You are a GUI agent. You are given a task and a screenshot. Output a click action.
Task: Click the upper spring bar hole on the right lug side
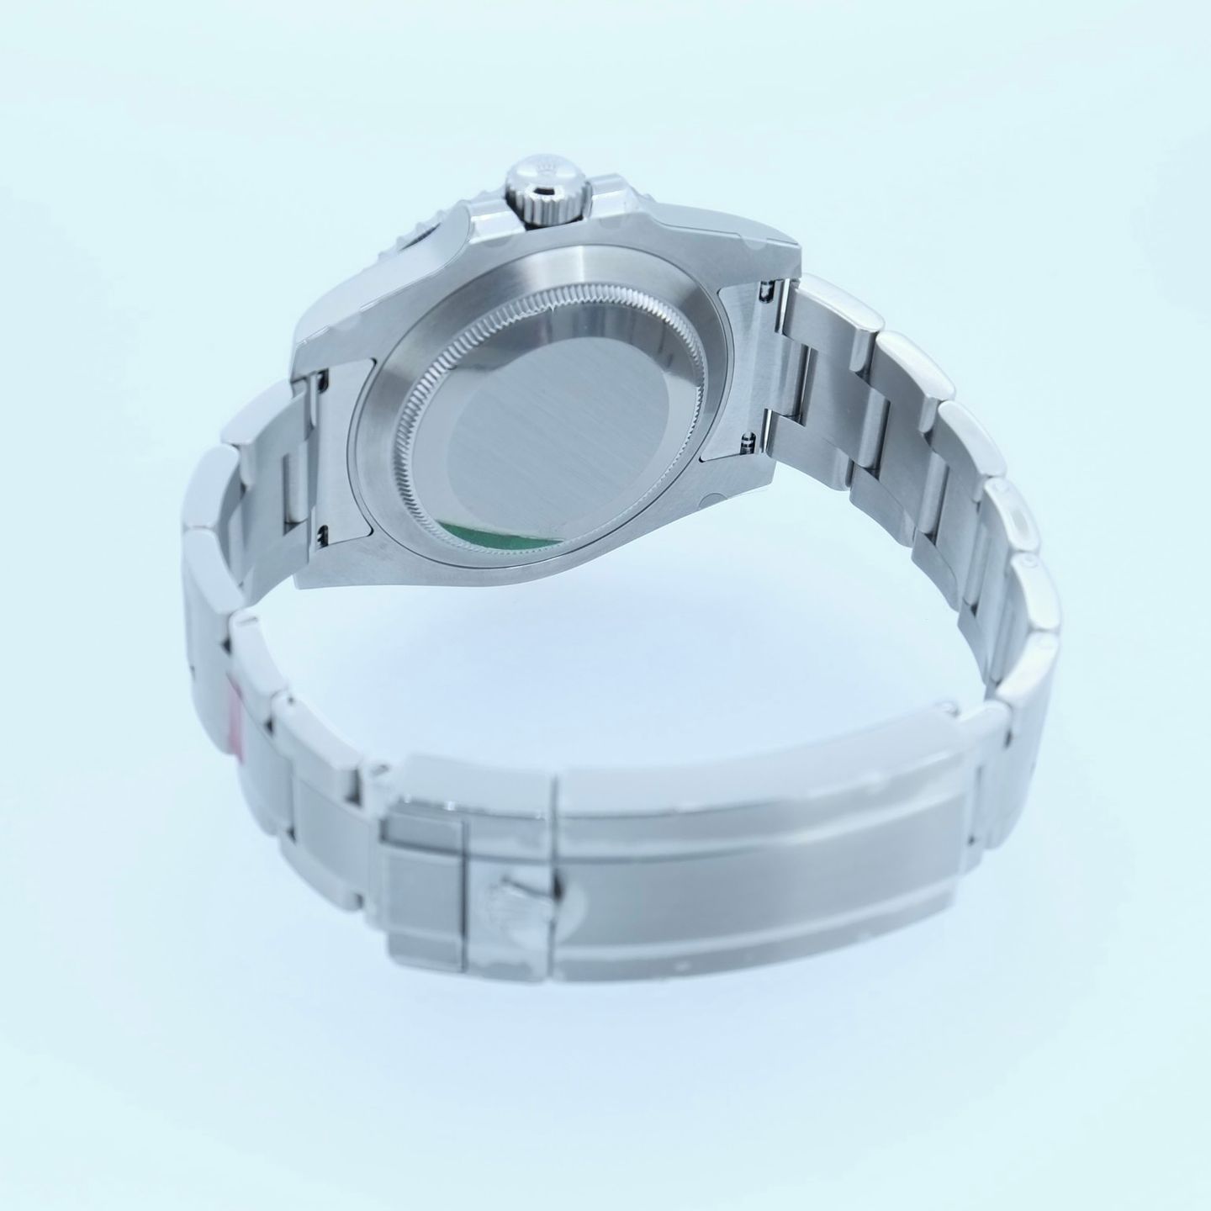click(767, 290)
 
